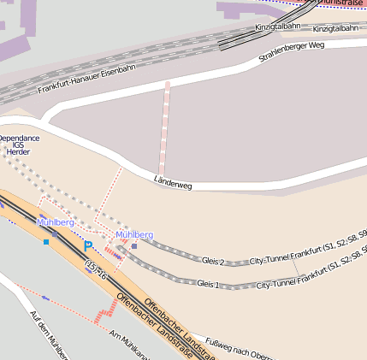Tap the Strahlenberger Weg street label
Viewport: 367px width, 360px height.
(292, 53)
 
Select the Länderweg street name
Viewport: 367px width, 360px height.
(173, 181)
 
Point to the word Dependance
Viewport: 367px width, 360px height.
(19, 138)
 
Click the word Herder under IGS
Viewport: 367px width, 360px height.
(18, 152)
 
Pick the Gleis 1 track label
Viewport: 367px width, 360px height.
(208, 283)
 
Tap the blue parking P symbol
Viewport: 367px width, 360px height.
(87, 246)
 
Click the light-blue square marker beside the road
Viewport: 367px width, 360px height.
(46, 242)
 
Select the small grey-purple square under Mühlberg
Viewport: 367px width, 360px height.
(134, 246)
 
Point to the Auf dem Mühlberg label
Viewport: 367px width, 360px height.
(48, 334)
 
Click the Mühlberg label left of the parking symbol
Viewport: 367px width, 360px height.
(56, 222)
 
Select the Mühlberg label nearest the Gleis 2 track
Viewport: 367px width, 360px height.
(134, 234)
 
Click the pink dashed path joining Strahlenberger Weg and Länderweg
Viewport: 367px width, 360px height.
(163, 128)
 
